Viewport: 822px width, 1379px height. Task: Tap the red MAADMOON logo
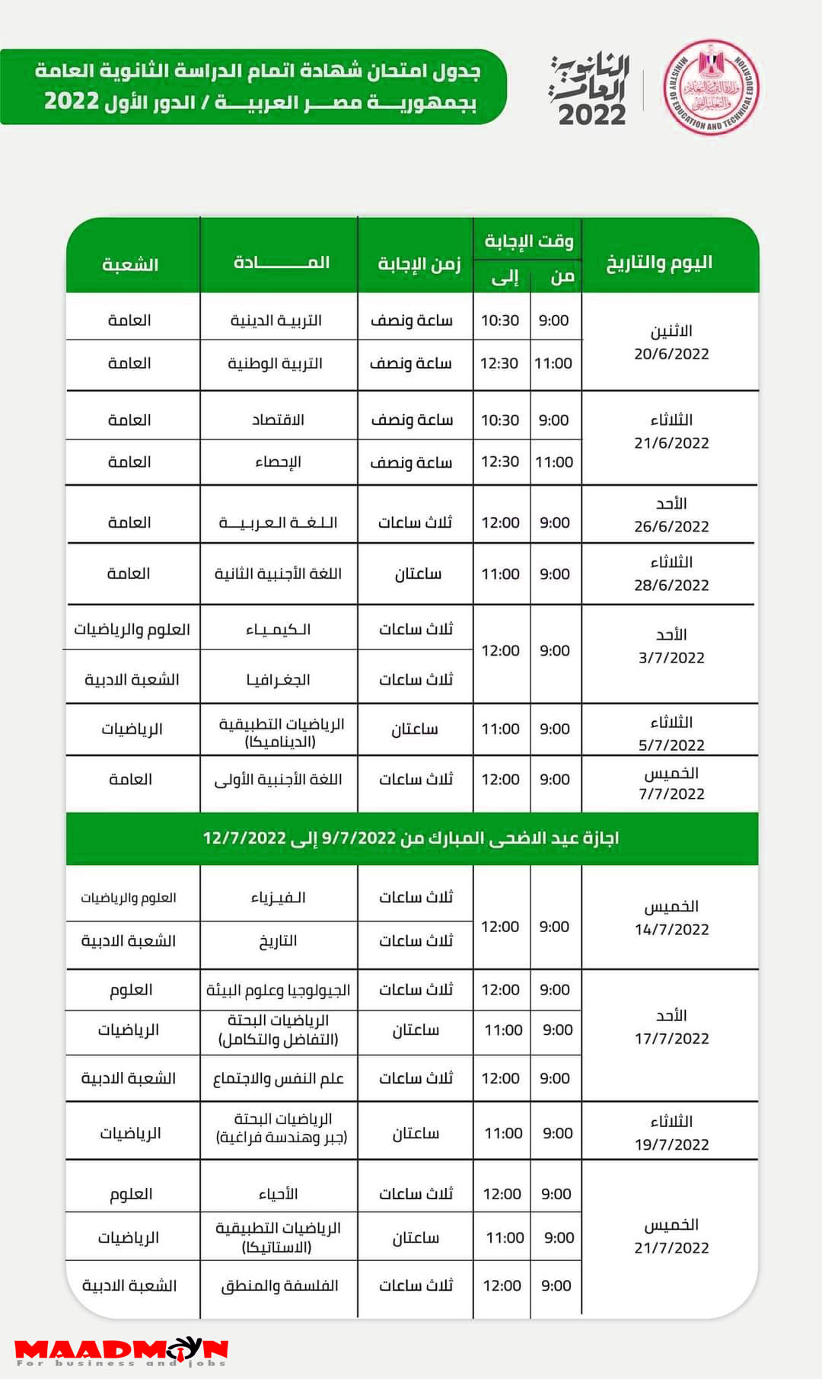coord(122,1352)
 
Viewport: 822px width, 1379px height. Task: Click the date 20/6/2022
coord(671,354)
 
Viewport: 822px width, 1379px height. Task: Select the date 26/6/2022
coord(671,526)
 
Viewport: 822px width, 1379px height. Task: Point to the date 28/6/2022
coord(671,585)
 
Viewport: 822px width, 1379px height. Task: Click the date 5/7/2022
coord(671,745)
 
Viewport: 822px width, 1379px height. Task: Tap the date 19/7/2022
coord(671,1144)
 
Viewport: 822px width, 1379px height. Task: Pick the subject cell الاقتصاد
coord(278,420)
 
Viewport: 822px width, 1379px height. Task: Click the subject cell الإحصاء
coord(278,462)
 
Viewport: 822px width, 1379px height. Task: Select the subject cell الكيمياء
coord(278,630)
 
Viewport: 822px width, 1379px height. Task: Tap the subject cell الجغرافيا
coord(278,679)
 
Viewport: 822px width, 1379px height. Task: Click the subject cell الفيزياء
coord(278,898)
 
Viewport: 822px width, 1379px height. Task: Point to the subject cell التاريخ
coord(278,941)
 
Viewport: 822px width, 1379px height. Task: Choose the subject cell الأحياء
coord(278,1194)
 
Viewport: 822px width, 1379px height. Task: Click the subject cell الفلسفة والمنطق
coord(279,1286)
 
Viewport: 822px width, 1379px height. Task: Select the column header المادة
coord(281,263)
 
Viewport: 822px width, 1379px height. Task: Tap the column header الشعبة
coord(130,265)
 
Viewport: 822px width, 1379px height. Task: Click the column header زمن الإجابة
coord(419,263)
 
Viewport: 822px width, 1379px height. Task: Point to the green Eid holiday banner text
coord(411,838)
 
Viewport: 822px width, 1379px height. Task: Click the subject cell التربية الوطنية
coord(276,363)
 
